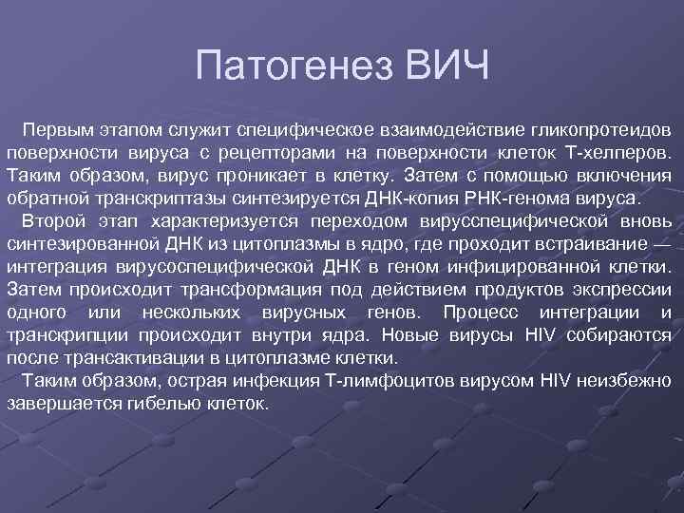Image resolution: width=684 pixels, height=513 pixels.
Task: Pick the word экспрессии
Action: point(623,290)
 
